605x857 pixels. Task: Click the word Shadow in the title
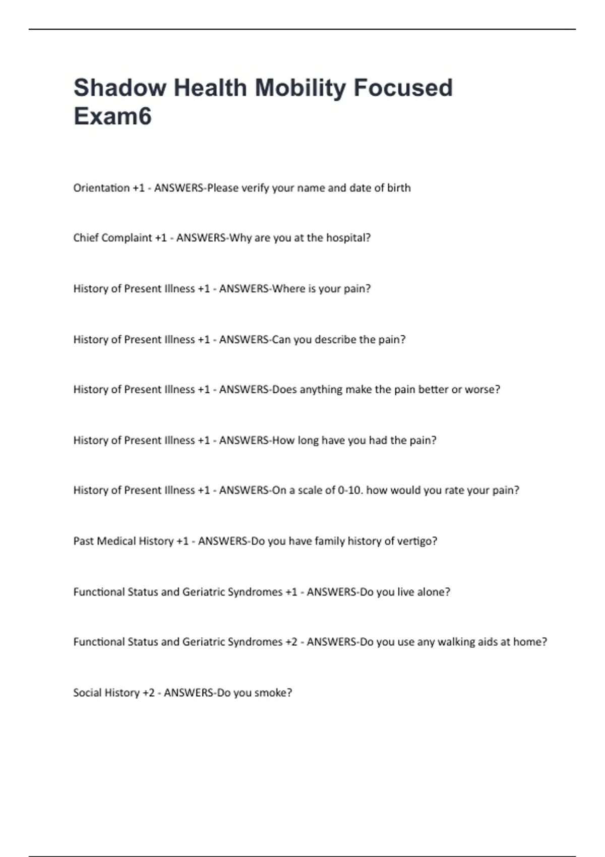119,88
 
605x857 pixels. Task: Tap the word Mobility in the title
300,88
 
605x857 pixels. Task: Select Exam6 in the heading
112,116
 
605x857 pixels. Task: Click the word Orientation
101,188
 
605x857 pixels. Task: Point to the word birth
399,188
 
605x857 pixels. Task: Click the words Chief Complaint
112,238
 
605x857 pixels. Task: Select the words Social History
106,693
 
